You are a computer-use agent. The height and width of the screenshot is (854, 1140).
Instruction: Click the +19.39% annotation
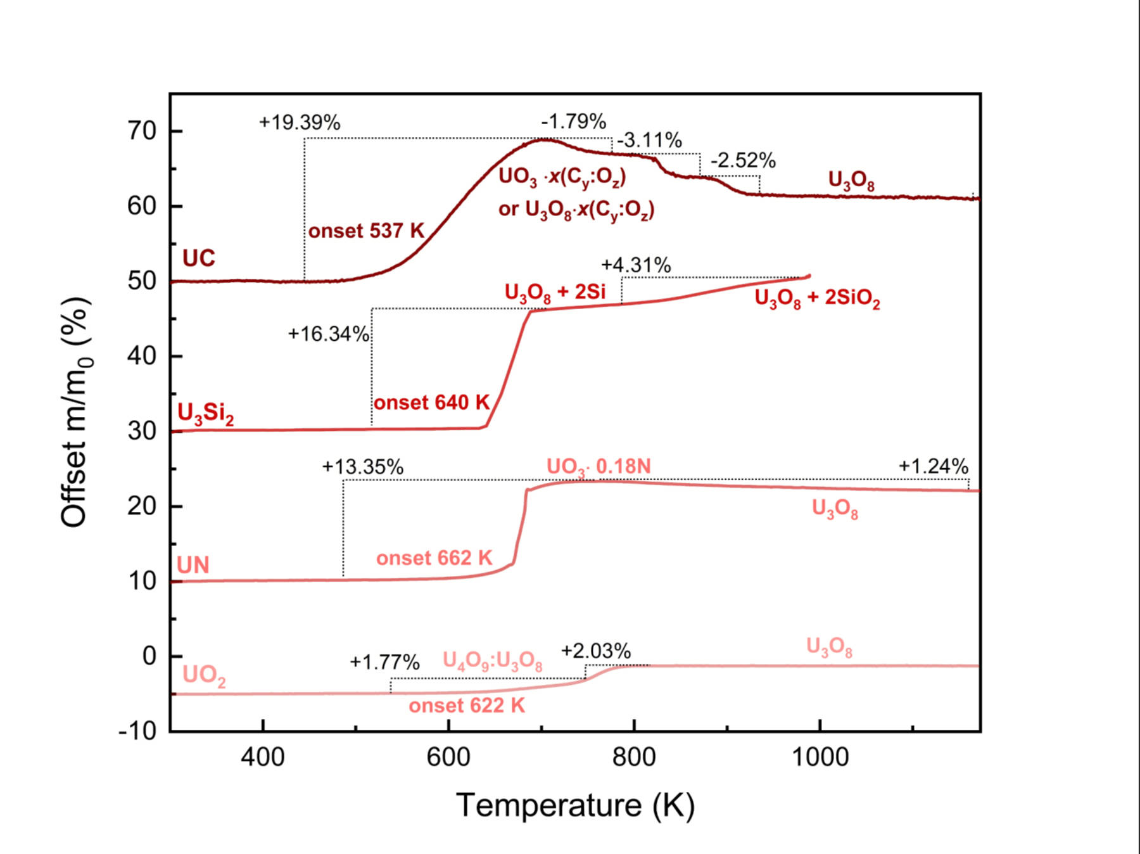299,122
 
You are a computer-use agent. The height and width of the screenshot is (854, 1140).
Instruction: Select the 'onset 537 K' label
366,231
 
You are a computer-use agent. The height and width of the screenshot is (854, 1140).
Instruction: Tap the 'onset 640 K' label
431,402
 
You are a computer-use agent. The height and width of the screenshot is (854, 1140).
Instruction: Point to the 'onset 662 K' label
434,558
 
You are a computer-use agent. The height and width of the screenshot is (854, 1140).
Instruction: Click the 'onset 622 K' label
467,705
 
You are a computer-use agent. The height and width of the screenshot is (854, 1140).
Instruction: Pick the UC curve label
198,258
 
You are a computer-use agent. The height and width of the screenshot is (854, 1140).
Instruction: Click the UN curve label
193,565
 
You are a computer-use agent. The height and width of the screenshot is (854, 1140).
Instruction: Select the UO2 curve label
204,676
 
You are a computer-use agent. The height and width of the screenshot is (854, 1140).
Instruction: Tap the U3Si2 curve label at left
206,414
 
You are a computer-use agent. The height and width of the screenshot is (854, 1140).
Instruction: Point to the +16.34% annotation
328,334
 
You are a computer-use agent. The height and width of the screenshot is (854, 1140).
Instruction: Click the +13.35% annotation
362,467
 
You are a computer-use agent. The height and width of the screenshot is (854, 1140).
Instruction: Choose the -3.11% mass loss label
649,140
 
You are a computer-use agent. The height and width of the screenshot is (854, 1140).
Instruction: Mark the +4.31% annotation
636,265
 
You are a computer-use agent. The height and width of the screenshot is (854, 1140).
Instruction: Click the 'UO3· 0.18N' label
598,467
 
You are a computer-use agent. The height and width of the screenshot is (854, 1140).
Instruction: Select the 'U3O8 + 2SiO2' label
817,298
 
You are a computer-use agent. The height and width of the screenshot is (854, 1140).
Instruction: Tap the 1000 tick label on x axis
820,757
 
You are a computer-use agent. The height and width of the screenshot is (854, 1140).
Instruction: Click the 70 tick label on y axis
142,131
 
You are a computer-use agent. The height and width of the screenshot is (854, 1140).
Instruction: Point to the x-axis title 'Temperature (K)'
575,806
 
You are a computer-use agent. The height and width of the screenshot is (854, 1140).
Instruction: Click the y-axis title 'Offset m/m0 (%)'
75,412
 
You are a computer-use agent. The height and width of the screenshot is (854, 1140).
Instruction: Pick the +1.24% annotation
934,467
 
